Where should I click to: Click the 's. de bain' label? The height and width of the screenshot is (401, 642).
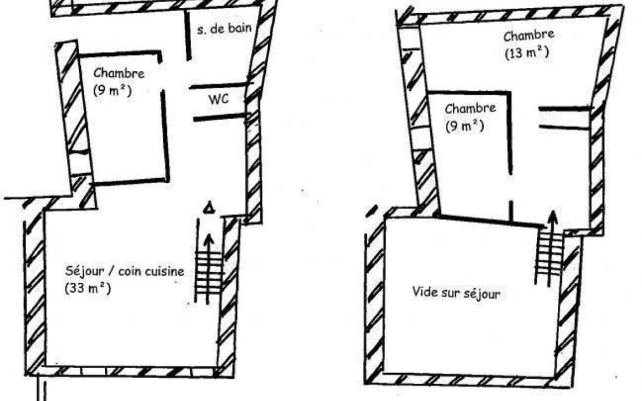click(x=223, y=29)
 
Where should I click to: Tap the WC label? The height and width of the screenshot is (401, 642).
click(x=218, y=100)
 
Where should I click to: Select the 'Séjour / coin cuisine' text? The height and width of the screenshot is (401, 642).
click(x=124, y=271)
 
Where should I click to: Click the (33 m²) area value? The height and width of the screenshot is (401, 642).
click(x=87, y=288)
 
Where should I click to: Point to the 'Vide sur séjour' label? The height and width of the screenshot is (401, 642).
click(x=456, y=292)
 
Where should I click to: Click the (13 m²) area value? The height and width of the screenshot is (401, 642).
click(x=527, y=53)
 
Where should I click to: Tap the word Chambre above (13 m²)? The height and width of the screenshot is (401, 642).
click(x=528, y=36)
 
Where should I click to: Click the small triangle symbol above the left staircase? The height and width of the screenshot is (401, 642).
click(x=209, y=208)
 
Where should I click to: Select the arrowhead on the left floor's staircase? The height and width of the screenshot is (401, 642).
click(x=209, y=238)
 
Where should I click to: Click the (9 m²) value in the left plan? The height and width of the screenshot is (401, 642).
click(x=113, y=90)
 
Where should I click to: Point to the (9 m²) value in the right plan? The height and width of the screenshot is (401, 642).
click(x=465, y=126)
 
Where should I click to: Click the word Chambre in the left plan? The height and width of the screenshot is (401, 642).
click(x=119, y=74)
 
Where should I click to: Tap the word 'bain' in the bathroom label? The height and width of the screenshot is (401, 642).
click(x=240, y=28)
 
